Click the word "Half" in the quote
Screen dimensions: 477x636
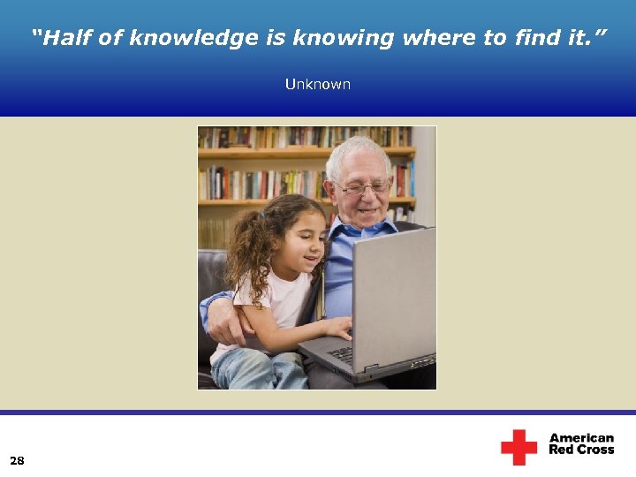65,38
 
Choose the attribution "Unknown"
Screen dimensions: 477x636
317,85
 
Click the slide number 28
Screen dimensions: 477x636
17,460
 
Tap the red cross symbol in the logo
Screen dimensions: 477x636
519,447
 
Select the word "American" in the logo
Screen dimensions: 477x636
581,438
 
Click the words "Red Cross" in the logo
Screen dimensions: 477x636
581,450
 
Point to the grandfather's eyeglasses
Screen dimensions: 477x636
362,187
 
